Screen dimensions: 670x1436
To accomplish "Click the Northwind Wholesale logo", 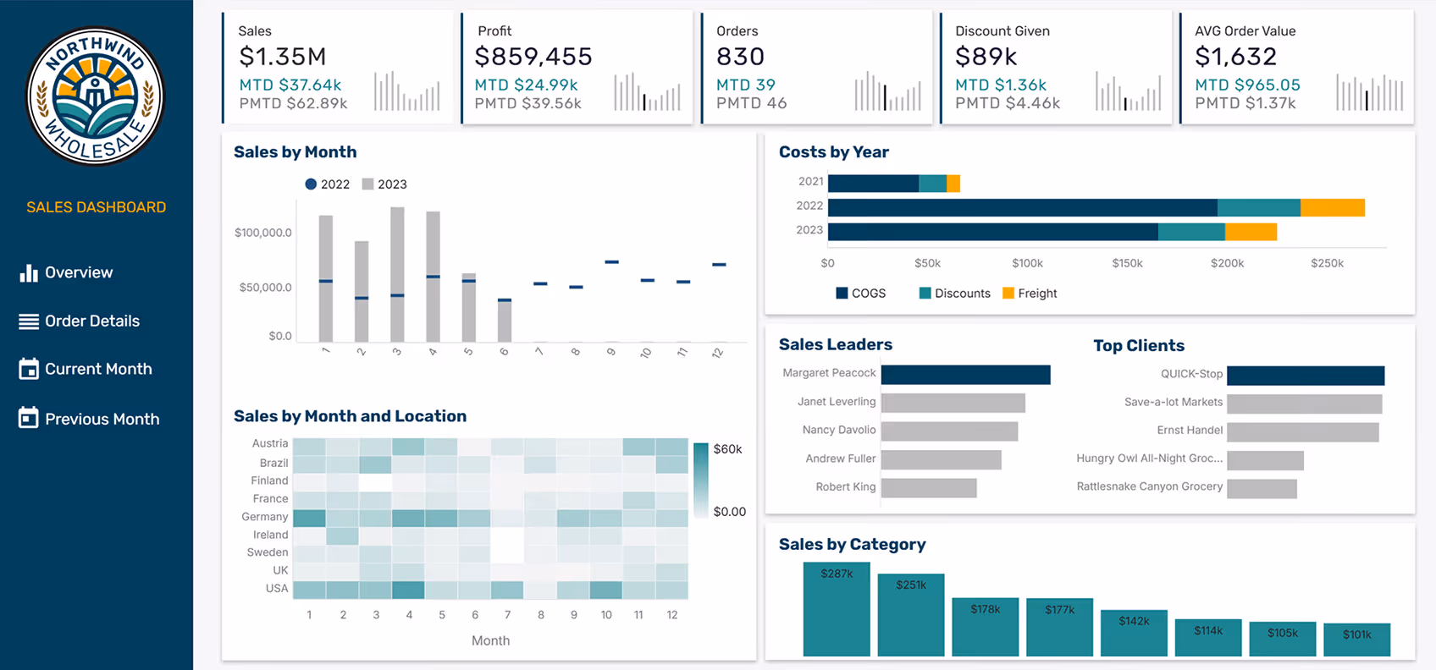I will pyautogui.click(x=96, y=96).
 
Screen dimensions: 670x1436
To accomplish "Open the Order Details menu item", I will pyautogui.click(x=91, y=321).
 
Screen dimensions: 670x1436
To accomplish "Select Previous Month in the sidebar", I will pyautogui.click(x=101, y=419).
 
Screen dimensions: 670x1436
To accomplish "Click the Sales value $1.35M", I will pyautogui.click(x=282, y=57).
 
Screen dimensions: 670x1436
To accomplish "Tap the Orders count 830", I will pyautogui.click(x=740, y=57).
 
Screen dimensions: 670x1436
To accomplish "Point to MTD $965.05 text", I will pyautogui.click(x=1246, y=85).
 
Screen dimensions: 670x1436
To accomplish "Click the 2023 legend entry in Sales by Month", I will pyautogui.click(x=384, y=184).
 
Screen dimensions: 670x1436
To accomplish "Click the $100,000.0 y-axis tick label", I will pyautogui.click(x=262, y=233).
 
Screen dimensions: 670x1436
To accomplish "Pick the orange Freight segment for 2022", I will pyautogui.click(x=1332, y=207).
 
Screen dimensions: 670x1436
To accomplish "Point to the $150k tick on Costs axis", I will pyautogui.click(x=1127, y=263).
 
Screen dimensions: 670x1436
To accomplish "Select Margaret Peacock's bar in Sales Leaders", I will pyautogui.click(x=965, y=375).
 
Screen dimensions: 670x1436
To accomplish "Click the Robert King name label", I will pyautogui.click(x=845, y=487).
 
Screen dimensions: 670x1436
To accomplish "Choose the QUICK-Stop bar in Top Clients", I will pyautogui.click(x=1305, y=376).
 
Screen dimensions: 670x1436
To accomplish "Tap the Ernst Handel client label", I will pyautogui.click(x=1189, y=431).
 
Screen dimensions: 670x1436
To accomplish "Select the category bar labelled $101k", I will pyautogui.click(x=1356, y=640).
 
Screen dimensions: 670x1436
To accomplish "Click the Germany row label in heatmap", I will pyautogui.click(x=264, y=517).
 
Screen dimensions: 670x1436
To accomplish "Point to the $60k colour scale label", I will pyautogui.click(x=727, y=449).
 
